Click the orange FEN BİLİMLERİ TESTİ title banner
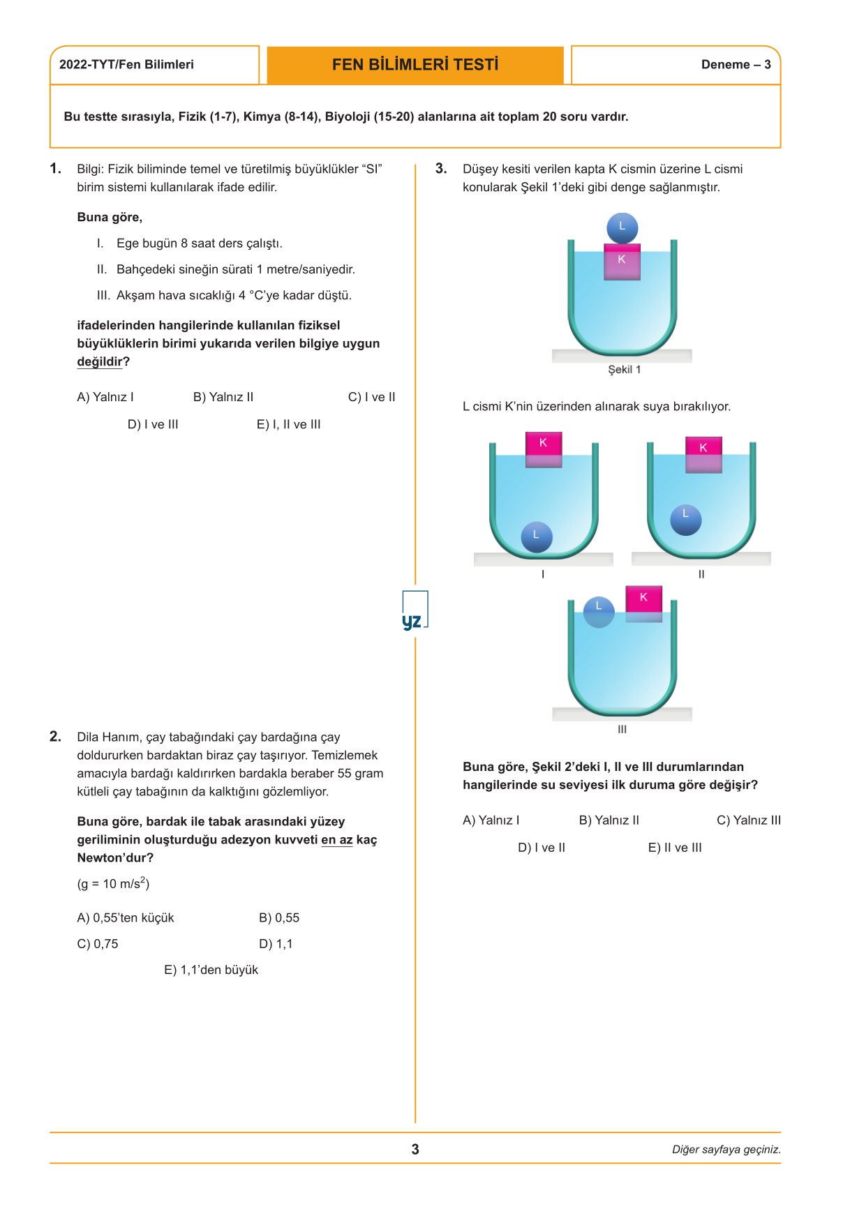(x=415, y=65)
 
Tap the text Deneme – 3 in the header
(x=736, y=65)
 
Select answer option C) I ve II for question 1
(x=371, y=397)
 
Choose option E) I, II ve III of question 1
(x=288, y=424)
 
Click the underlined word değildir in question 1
(x=100, y=361)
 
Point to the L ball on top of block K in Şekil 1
(x=622, y=227)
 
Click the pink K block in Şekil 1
(x=622, y=262)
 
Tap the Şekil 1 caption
(x=624, y=370)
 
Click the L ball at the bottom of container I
(x=537, y=537)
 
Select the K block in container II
(x=703, y=455)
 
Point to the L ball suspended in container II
(x=686, y=520)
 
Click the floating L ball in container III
(x=599, y=611)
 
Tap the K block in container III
(x=643, y=602)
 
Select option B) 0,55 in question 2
(x=279, y=918)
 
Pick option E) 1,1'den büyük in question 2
(x=211, y=970)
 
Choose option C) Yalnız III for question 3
(x=749, y=820)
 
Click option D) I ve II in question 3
(x=542, y=848)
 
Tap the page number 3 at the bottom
(x=415, y=1149)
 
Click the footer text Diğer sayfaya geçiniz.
(x=726, y=1150)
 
